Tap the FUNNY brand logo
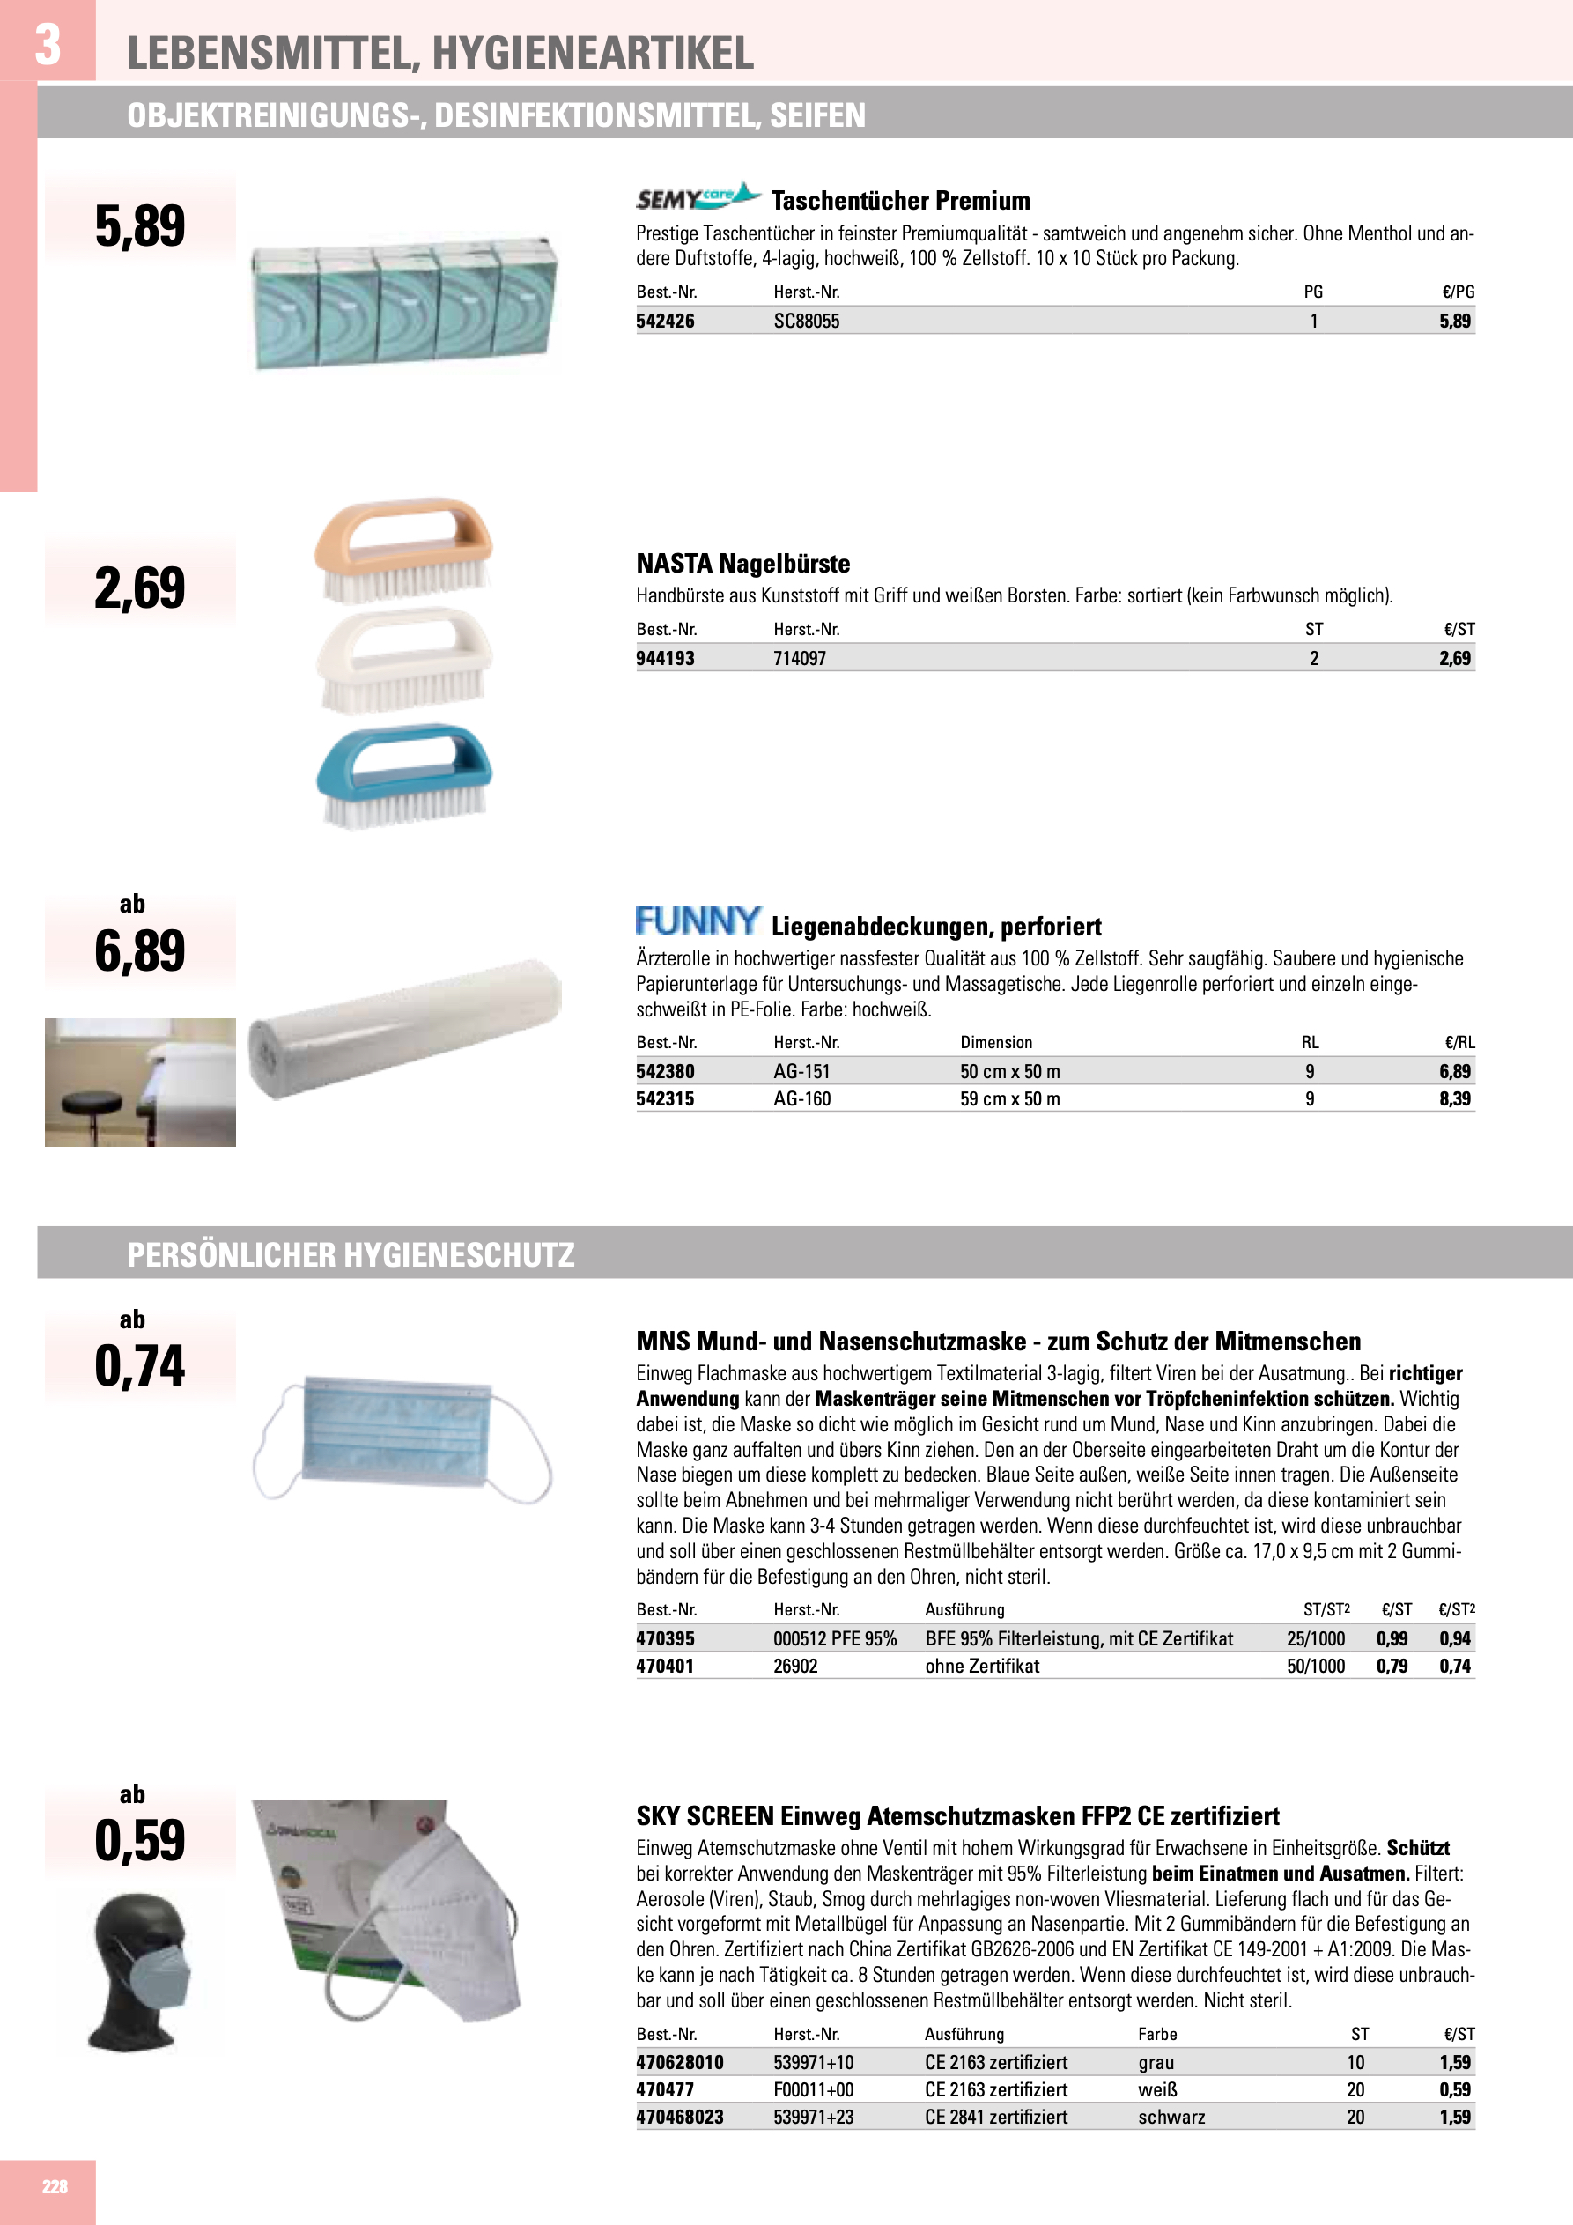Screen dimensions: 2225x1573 pyautogui.click(x=698, y=920)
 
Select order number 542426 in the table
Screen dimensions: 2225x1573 pyautogui.click(x=665, y=322)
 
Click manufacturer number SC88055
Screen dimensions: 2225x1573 pyautogui.click(x=807, y=322)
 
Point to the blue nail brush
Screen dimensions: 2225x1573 pyautogui.click(x=404, y=775)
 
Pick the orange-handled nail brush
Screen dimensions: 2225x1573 pyautogui.click(x=403, y=548)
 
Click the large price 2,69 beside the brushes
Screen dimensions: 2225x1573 pyautogui.click(x=139, y=588)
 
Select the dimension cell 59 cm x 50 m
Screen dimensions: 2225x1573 pyautogui.click(x=1010, y=1099)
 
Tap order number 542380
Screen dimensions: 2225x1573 pyautogui.click(x=665, y=1072)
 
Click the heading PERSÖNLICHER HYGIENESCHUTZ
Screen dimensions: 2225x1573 pyautogui.click(x=351, y=1255)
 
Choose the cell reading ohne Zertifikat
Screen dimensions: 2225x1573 pyautogui.click(x=982, y=1666)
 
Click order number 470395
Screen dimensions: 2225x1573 pyautogui.click(x=665, y=1638)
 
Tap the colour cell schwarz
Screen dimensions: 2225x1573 pyautogui.click(x=1171, y=2118)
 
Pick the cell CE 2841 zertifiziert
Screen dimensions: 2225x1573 pyautogui.click(x=995, y=2118)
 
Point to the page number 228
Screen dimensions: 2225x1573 pyautogui.click(x=55, y=2186)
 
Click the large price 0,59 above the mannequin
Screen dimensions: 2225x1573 pyautogui.click(x=139, y=1841)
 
